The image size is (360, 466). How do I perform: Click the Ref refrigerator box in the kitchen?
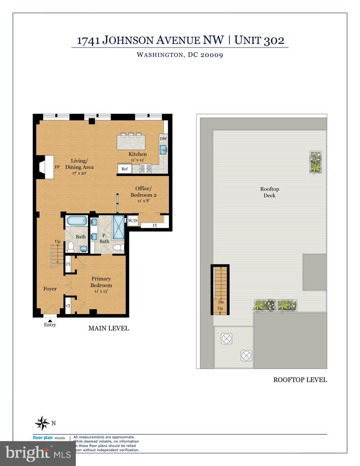pos(125,169)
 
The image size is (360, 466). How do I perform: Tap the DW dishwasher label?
pos(163,139)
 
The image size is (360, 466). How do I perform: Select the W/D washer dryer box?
pos(132,221)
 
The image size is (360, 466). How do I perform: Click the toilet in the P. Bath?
pos(120,248)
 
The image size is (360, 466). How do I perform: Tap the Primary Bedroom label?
pos(101,282)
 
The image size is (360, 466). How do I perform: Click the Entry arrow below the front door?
pos(50,321)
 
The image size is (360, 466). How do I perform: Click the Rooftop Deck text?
pos(270,192)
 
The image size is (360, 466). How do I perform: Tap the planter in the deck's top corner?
pos(316,162)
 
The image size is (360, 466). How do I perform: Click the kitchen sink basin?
pos(163,150)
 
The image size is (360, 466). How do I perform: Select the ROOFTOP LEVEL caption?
pos(300,380)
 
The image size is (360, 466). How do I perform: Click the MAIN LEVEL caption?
pos(109,328)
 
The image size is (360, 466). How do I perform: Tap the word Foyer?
pos(50,289)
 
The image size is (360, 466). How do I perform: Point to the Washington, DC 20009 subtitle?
pos(179,55)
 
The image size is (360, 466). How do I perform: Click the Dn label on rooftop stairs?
pos(220,302)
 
